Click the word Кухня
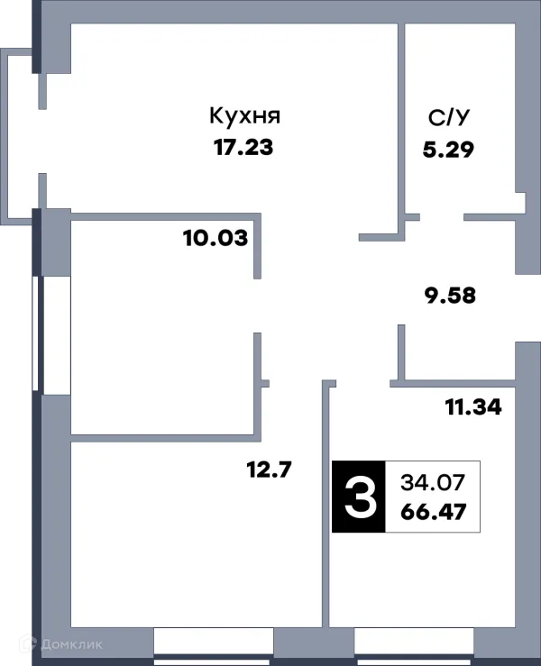pyautogui.click(x=245, y=116)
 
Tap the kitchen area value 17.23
pyautogui.click(x=243, y=147)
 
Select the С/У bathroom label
pyautogui.click(x=447, y=117)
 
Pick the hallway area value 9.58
pyautogui.click(x=449, y=295)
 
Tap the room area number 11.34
pyautogui.click(x=473, y=407)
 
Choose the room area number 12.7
pyautogui.click(x=269, y=469)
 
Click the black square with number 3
pyautogui.click(x=359, y=496)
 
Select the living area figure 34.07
pyautogui.click(x=431, y=481)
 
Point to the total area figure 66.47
pyautogui.click(x=431, y=512)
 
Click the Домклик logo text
pyautogui.click(x=71, y=643)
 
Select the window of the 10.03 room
pyautogui.click(x=50, y=333)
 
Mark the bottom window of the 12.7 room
pyautogui.click(x=213, y=642)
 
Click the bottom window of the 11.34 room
pyautogui.click(x=414, y=642)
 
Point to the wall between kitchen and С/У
pyautogui.click(x=400, y=117)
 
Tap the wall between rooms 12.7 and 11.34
pyautogui.click(x=326, y=505)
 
